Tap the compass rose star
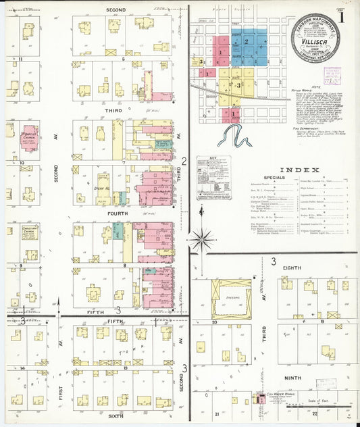[202, 238]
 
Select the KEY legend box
[213, 178]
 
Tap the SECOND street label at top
[116, 10]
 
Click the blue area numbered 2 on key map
[248, 42]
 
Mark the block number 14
[22, 368]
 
